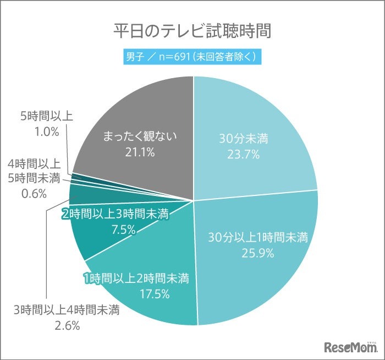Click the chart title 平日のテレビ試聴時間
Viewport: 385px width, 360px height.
click(x=193, y=31)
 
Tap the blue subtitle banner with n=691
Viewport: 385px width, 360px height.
click(x=193, y=56)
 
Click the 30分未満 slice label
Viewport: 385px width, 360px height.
click(x=243, y=140)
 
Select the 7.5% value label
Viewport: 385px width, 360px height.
click(x=123, y=230)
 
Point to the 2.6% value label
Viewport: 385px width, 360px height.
click(x=67, y=325)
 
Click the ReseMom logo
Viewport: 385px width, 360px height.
click(x=350, y=346)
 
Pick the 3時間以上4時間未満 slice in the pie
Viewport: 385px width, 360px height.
click(x=77, y=194)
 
